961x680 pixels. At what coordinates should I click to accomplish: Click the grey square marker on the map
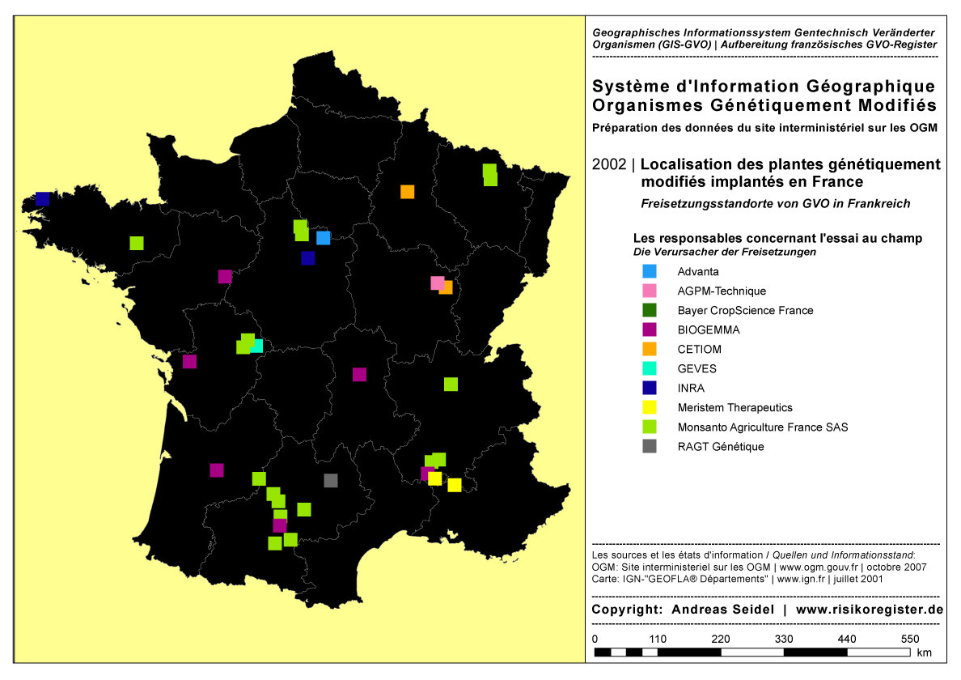[330, 480]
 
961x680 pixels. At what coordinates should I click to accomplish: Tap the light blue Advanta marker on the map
[323, 237]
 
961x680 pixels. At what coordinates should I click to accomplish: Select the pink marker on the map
[437, 283]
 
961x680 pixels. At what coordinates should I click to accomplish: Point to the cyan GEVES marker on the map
[257, 346]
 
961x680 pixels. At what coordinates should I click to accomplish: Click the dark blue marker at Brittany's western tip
[43, 198]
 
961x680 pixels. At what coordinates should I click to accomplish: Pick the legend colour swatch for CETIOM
[649, 349]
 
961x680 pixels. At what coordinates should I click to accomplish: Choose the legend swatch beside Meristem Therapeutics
[649, 407]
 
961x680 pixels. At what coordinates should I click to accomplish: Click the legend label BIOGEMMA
[709, 329]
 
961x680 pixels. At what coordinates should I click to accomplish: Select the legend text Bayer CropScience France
[745, 310]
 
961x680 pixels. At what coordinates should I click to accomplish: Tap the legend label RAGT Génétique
[720, 446]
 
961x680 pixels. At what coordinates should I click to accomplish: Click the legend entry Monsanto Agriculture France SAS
[762, 427]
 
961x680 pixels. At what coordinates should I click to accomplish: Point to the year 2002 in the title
[608, 164]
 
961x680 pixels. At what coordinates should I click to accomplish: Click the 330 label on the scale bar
[783, 639]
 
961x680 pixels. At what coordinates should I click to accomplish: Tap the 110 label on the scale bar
[657, 639]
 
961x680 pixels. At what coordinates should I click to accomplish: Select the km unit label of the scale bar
[925, 652]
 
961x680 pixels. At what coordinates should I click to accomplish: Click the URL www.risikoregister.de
[870, 609]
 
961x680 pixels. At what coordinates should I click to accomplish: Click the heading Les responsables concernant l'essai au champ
[777, 239]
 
